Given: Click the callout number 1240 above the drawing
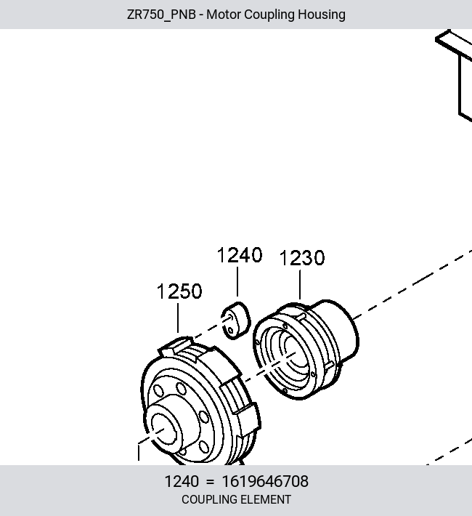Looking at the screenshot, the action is coord(240,255).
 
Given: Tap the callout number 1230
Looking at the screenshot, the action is coord(302,258).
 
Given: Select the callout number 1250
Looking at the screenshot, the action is coord(179,291).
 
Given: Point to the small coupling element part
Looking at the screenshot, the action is coord(235,321).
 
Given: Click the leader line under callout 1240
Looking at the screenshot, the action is coord(237,282).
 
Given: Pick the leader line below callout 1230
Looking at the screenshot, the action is coord(300,285).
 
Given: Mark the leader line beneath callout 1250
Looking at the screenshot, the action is coord(178,318).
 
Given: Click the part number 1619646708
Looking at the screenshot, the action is coord(265,481).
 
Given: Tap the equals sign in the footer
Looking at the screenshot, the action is coord(210,482).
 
